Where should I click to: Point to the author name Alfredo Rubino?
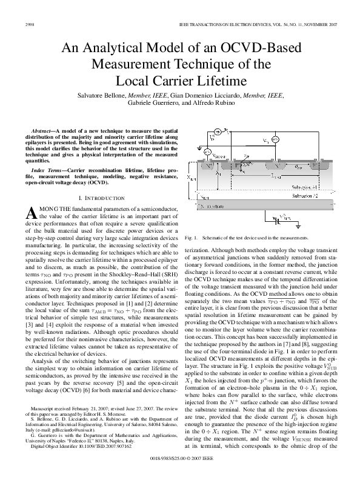point(212,103)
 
